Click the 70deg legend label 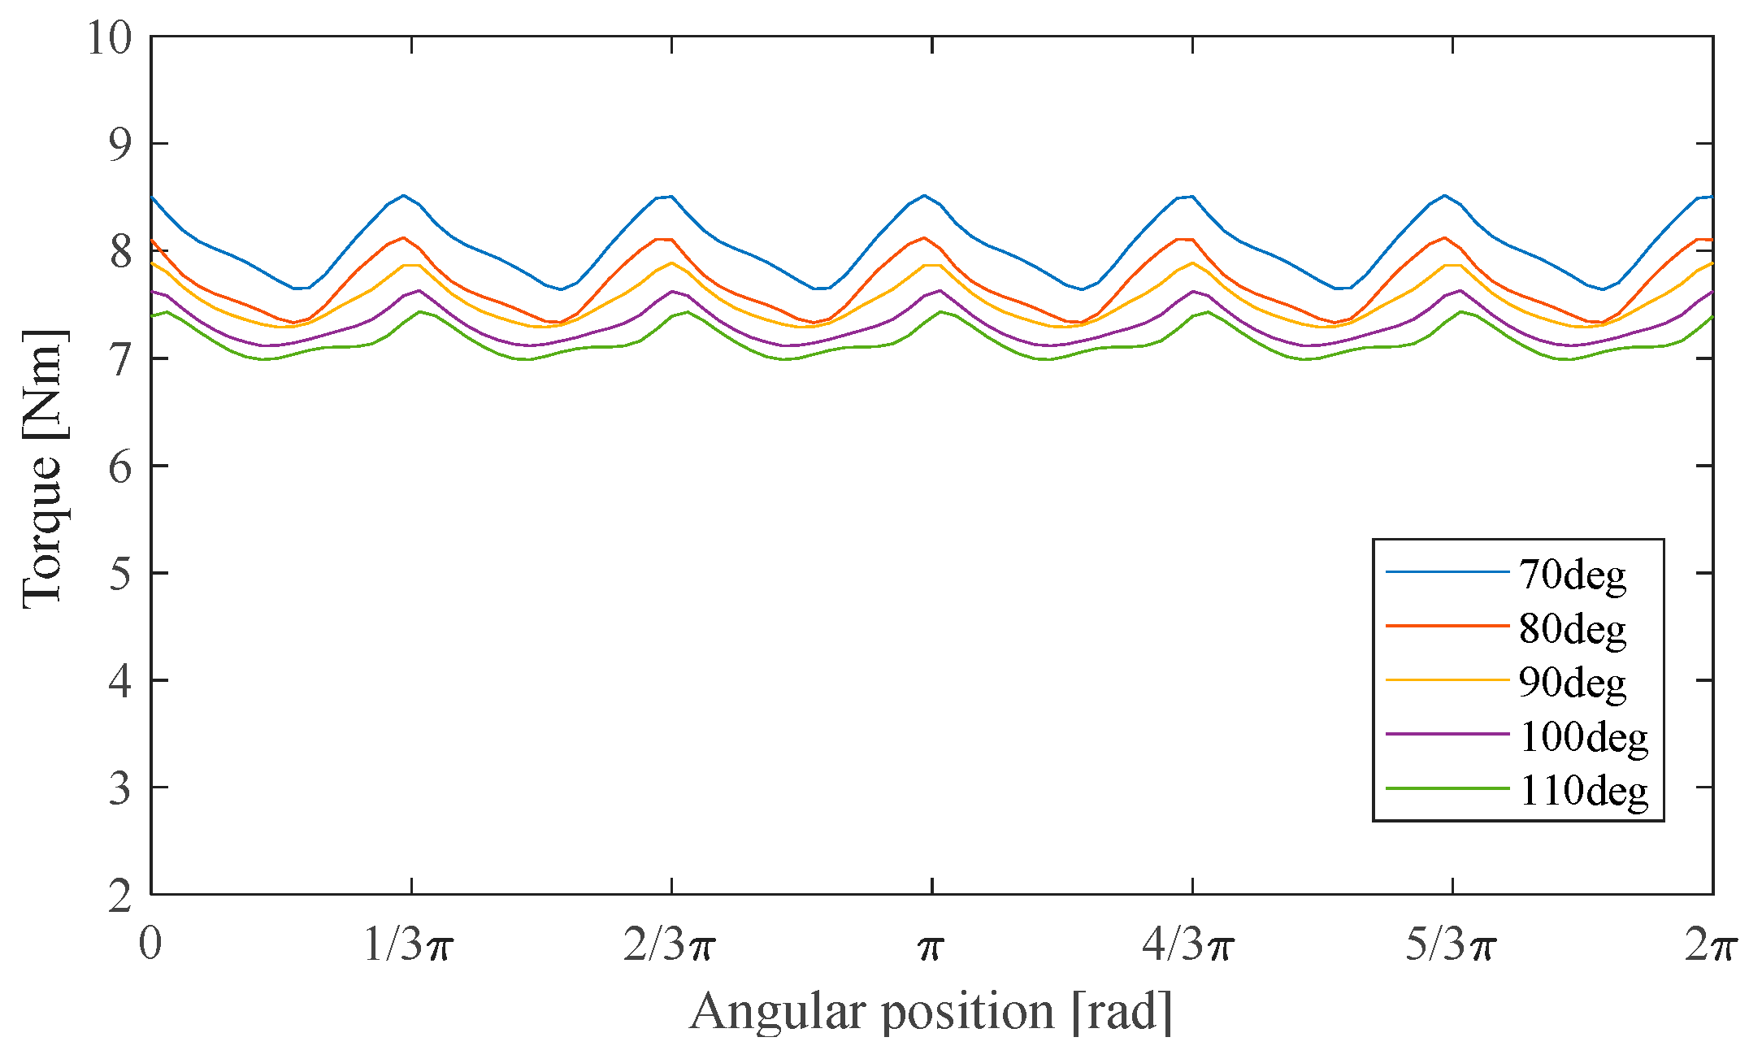click(1573, 575)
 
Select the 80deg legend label click(1573, 628)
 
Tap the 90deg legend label click(1573, 683)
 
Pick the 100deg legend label click(1583, 736)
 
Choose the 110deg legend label click(1583, 790)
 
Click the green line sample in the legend click(1447, 788)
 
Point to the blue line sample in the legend click(1447, 572)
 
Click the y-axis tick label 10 click(109, 37)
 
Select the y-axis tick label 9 click(119, 145)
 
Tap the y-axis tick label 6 click(119, 467)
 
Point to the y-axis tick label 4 click(119, 681)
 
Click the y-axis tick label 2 click(119, 896)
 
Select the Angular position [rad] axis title click(931, 1012)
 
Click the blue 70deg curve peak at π click(924, 195)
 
